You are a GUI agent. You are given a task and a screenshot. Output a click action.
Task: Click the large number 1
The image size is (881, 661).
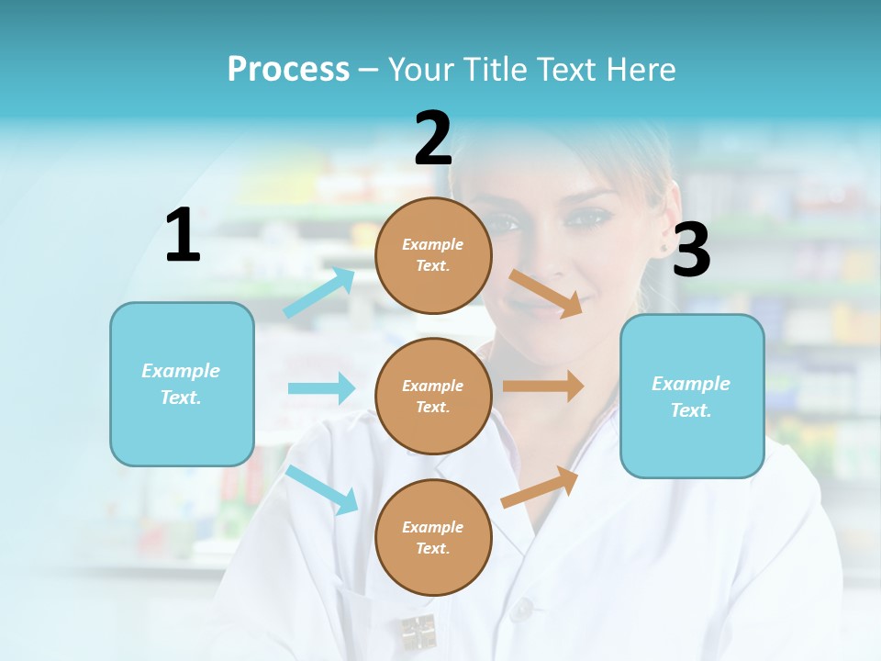[183, 235]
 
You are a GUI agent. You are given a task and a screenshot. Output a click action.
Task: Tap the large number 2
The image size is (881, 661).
[433, 139]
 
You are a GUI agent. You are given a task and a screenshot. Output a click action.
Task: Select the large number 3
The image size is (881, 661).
[691, 251]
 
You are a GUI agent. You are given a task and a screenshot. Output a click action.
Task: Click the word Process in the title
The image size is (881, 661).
[288, 69]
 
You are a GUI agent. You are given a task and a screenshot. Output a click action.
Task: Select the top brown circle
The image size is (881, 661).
[433, 255]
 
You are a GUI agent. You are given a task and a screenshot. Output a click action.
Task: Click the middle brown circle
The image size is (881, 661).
[433, 397]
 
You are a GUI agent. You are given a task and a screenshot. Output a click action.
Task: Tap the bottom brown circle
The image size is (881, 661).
[433, 538]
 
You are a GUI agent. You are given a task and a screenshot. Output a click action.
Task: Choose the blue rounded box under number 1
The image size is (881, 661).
[182, 384]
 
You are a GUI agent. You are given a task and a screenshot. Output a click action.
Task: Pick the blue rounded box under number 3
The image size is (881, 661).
[692, 397]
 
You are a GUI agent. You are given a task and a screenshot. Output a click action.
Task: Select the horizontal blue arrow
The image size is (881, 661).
[321, 388]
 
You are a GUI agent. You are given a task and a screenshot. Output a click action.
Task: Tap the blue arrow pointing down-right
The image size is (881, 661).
[322, 489]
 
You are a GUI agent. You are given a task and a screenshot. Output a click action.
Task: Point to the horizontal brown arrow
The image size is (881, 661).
[543, 387]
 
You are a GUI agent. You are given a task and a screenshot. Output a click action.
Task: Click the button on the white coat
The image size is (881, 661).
[522, 608]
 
